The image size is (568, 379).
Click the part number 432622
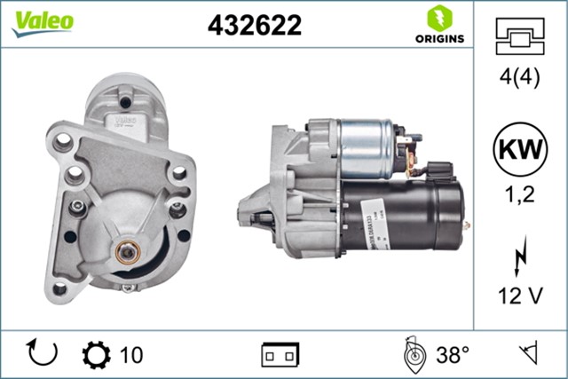[255, 26]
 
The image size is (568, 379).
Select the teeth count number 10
[130, 355]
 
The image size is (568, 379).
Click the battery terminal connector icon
[280, 355]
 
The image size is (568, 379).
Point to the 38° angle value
[453, 355]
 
